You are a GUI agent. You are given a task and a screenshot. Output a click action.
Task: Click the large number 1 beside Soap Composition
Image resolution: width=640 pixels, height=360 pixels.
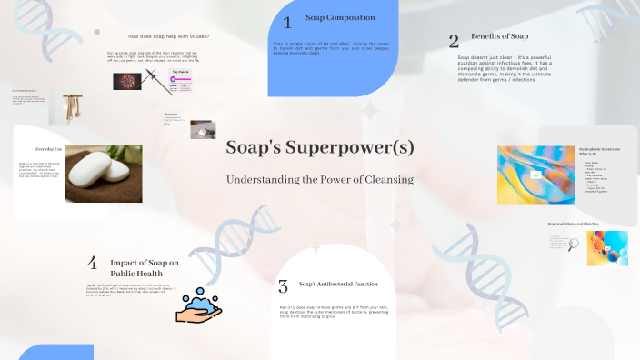click(287, 23)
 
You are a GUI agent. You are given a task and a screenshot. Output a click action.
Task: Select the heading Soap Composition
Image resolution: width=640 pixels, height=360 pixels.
click(339, 18)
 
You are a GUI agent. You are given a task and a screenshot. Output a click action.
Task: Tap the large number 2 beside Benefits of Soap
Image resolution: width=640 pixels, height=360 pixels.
click(454, 40)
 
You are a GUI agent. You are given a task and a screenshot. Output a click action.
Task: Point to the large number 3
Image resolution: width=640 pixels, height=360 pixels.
click(283, 286)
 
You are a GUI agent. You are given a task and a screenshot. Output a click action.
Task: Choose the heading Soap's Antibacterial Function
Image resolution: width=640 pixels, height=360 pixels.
click(339, 284)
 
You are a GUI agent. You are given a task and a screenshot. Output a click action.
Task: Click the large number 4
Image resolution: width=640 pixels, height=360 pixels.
click(92, 263)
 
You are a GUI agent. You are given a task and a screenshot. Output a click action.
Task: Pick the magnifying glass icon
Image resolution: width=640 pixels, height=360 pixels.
click(574, 243)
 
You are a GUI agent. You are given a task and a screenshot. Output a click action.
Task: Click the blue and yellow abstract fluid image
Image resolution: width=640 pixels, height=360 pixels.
click(535, 174)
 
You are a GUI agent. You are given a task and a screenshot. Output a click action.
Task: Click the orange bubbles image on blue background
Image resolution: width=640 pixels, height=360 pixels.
click(606, 247)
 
